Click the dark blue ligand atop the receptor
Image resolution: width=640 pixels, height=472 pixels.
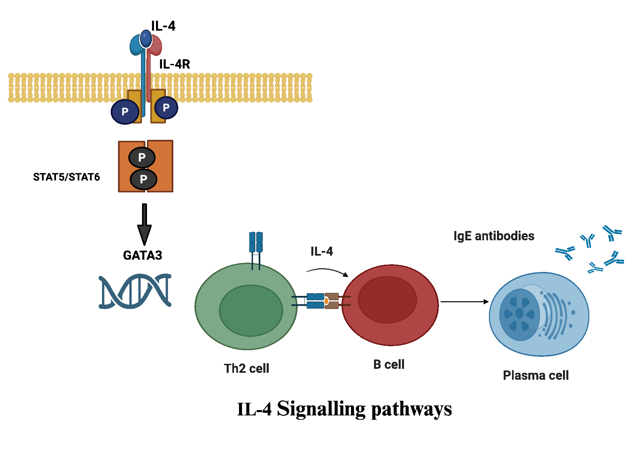[x=146, y=39]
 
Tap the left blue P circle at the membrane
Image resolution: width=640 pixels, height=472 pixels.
[x=125, y=112]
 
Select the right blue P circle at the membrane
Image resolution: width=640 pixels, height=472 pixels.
[x=166, y=108]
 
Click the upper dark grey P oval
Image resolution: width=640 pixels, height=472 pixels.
[x=142, y=157]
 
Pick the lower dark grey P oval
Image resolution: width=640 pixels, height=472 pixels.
[x=143, y=179]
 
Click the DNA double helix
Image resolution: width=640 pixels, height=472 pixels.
[x=135, y=291]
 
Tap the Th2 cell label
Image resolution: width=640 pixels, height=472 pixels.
[x=246, y=368]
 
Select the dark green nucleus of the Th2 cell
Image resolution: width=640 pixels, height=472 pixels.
[x=251, y=310]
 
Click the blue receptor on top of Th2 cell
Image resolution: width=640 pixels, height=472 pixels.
[x=256, y=242]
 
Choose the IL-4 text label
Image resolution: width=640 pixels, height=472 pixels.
[x=322, y=251]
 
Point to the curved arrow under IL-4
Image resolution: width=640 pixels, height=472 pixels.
[x=327, y=270]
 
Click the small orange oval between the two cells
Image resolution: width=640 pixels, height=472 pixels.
[x=326, y=301]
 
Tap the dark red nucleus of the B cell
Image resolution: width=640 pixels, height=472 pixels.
[x=387, y=300]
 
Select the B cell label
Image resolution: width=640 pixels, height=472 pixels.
[x=389, y=364]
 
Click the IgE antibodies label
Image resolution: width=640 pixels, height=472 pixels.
[x=494, y=236]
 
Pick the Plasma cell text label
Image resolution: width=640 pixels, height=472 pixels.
[x=536, y=375]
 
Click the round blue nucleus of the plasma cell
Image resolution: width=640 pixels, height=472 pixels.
[x=519, y=314]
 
